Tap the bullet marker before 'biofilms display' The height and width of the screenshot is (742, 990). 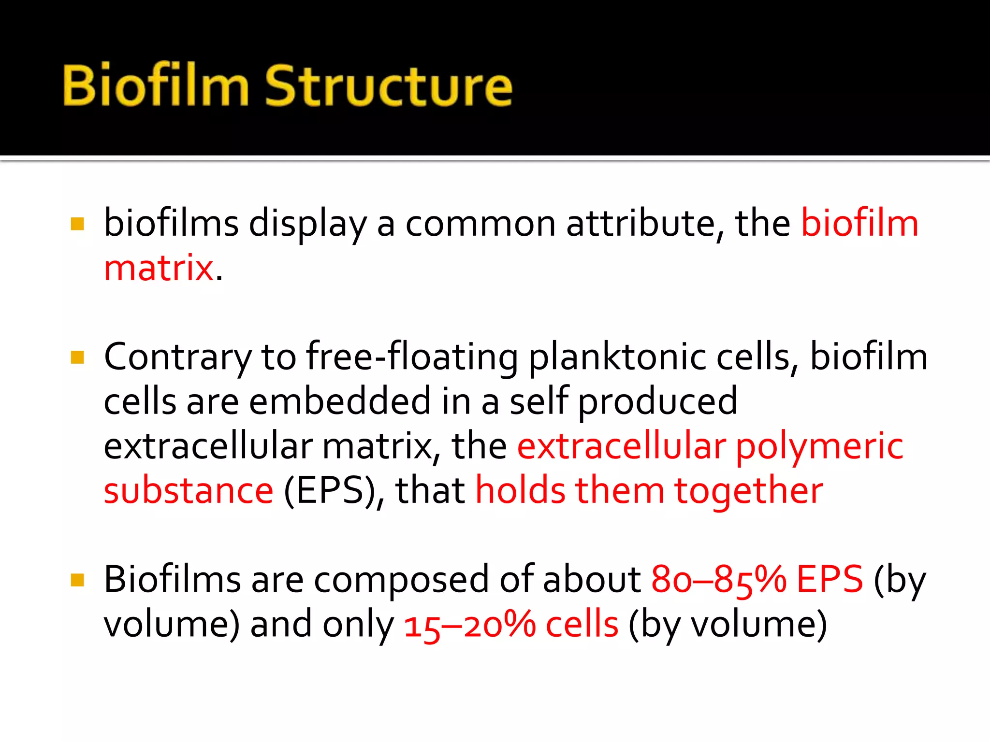(77, 224)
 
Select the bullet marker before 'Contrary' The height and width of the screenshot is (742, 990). (77, 357)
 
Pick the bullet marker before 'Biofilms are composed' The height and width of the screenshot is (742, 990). (77, 580)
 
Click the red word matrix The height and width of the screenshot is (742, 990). (159, 268)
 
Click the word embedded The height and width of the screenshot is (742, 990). (339, 402)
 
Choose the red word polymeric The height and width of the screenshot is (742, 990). (819, 446)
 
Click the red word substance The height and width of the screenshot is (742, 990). (189, 491)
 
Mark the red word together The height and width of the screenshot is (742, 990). (748, 491)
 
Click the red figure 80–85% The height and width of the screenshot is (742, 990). (718, 580)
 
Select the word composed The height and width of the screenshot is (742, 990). (401, 580)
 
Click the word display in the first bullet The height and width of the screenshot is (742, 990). (307, 224)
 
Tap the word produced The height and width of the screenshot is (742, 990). (657, 402)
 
